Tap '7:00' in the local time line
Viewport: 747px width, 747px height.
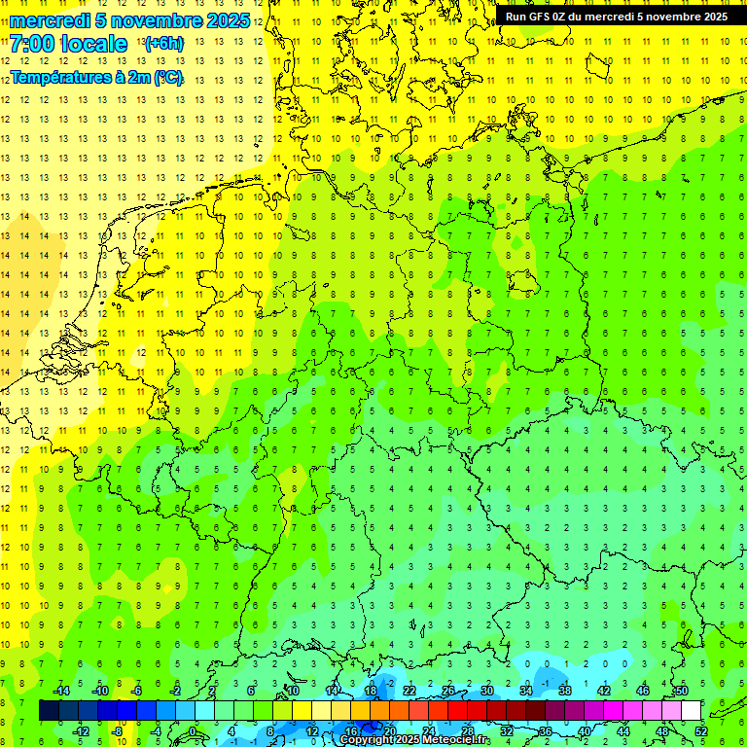click(31, 44)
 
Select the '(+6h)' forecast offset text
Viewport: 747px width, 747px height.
click(163, 44)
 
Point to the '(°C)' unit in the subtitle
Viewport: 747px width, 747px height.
click(167, 78)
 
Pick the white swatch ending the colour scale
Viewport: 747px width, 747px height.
click(692, 711)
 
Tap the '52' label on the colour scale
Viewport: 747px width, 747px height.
click(701, 731)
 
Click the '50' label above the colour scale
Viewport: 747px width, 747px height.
click(682, 691)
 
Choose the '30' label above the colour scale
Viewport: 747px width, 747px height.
click(487, 691)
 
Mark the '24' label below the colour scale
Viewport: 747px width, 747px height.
click(429, 731)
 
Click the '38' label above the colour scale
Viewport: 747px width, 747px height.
click(565, 691)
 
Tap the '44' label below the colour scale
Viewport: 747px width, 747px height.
click(623, 731)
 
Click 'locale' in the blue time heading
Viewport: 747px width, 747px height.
click(93, 44)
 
